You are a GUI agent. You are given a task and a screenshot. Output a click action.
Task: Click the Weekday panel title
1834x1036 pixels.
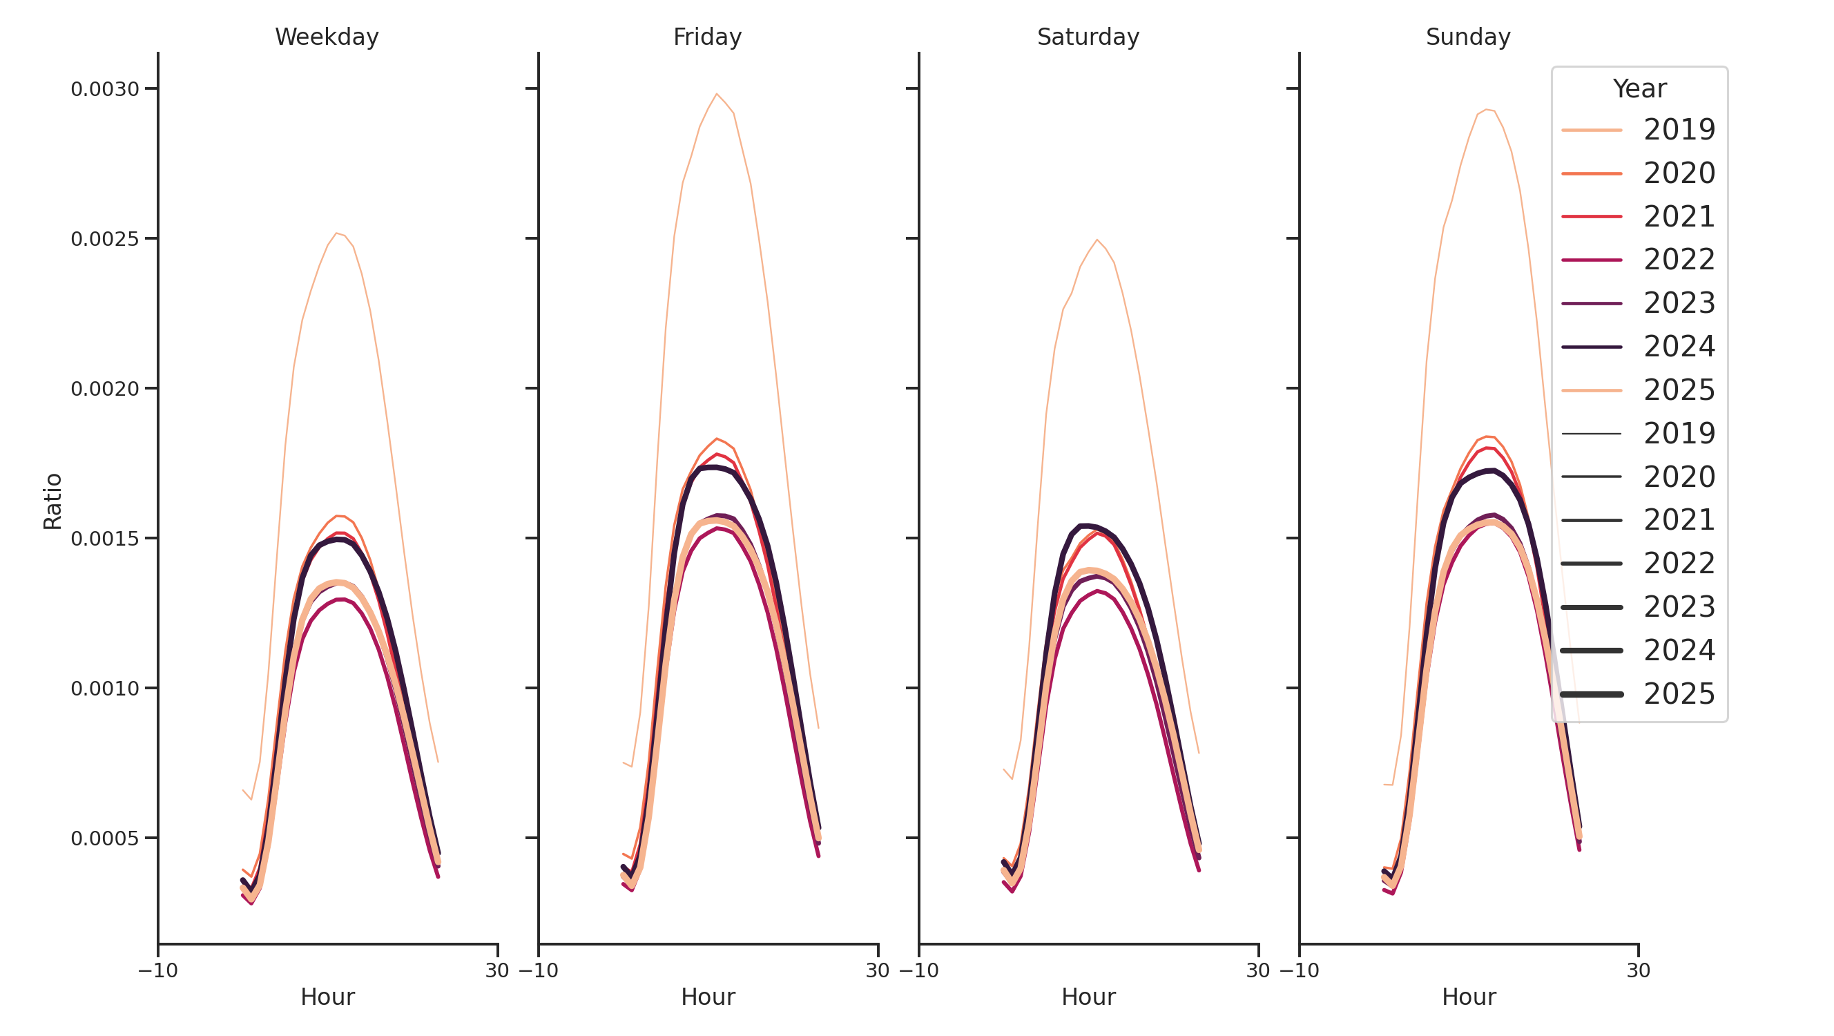[x=327, y=37]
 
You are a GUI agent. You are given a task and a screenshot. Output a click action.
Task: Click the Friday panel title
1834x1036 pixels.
[x=707, y=37]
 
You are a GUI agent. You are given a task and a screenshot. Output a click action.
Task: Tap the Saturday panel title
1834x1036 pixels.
[x=1087, y=37]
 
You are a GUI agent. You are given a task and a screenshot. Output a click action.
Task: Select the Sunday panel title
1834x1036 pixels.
[x=1467, y=37]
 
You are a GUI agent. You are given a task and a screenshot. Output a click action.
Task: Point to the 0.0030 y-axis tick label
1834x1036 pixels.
[x=105, y=90]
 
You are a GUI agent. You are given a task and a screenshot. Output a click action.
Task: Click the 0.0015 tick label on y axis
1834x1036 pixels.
[x=105, y=539]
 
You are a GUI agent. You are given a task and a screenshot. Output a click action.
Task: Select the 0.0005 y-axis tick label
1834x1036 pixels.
[x=105, y=838]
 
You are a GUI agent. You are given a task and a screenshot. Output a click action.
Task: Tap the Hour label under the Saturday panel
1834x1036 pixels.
[x=1088, y=997]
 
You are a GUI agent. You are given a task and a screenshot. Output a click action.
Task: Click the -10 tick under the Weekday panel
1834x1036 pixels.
[x=158, y=970]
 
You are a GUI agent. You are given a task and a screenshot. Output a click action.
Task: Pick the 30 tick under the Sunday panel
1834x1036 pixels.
[x=1638, y=970]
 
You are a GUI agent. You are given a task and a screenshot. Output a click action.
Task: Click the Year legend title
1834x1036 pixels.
[x=1639, y=89]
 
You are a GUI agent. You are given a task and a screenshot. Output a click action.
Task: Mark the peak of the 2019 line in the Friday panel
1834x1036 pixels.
[x=716, y=94]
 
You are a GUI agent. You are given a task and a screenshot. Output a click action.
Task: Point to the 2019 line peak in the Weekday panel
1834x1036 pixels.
[x=337, y=233]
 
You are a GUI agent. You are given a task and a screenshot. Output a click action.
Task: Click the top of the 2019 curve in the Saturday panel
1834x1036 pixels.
[x=1097, y=240]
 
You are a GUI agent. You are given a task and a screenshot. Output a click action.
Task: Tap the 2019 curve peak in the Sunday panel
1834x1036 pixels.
[x=1486, y=110]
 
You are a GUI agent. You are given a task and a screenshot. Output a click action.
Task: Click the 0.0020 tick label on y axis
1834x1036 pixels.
[x=105, y=390]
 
